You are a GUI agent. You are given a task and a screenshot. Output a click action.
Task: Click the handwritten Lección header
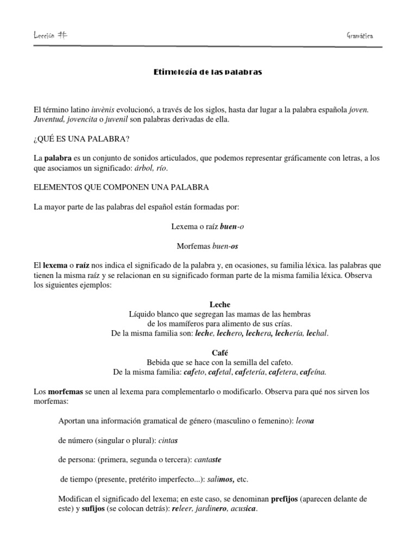coord(53,35)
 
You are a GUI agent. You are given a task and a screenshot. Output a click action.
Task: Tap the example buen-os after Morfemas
coord(225,246)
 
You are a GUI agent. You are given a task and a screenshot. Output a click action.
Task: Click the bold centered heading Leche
coord(208,305)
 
